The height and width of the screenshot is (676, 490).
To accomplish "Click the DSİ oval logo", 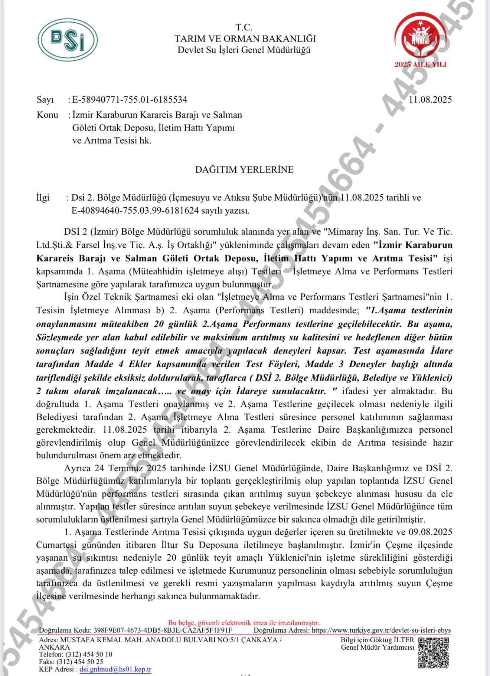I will (x=68, y=40).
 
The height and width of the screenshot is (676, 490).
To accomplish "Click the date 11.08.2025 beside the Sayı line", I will (x=430, y=99).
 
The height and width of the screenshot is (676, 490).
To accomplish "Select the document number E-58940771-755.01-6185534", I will (x=130, y=99).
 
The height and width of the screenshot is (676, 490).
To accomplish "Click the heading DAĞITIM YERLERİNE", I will (x=244, y=169).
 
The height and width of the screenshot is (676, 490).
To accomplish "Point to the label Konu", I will (x=47, y=115).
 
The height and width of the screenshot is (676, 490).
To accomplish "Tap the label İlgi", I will (x=43, y=198).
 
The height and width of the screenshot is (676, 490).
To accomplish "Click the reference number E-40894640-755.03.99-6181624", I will (x=135, y=211).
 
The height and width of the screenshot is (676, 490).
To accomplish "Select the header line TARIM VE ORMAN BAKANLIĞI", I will (x=245, y=39).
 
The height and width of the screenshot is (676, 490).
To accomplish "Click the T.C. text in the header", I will (x=244, y=27).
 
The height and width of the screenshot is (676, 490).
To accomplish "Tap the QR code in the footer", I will (x=433, y=652).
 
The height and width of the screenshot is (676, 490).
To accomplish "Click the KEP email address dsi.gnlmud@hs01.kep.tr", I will (x=115, y=669).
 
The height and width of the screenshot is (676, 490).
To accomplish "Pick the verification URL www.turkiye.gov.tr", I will (x=381, y=630).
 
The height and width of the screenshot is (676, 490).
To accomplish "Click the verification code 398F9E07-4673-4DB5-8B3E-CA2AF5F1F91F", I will (x=163, y=630).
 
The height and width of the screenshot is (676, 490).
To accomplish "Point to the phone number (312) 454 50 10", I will (x=89, y=654).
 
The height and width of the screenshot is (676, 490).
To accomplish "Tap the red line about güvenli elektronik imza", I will (x=244, y=623).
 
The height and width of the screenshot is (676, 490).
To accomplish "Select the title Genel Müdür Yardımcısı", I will (x=378, y=647).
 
